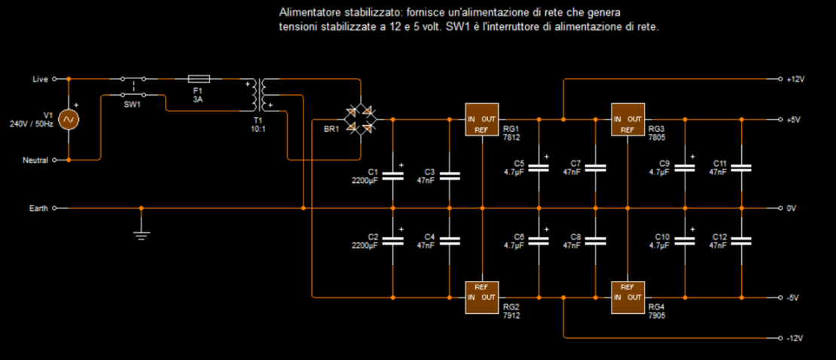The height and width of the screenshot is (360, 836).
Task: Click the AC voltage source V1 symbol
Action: [69, 119]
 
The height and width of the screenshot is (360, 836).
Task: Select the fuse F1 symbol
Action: [198, 78]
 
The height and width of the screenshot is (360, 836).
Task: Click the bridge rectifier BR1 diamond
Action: [360, 120]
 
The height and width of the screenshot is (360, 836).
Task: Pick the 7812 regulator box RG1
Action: [481, 119]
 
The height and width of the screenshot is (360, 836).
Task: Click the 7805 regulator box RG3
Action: [627, 119]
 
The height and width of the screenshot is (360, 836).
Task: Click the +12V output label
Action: [795, 79]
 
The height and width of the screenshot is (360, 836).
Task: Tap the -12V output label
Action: [795, 337]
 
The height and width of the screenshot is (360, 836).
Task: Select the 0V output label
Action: [791, 208]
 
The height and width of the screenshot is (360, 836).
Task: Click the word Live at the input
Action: [40, 79]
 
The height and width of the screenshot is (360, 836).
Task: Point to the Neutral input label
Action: [35, 160]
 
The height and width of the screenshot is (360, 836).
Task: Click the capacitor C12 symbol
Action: [741, 240]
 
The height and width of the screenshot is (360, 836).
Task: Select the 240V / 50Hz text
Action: [32, 124]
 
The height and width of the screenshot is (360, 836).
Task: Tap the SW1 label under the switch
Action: [133, 105]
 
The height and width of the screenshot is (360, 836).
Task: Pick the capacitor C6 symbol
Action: [539, 240]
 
